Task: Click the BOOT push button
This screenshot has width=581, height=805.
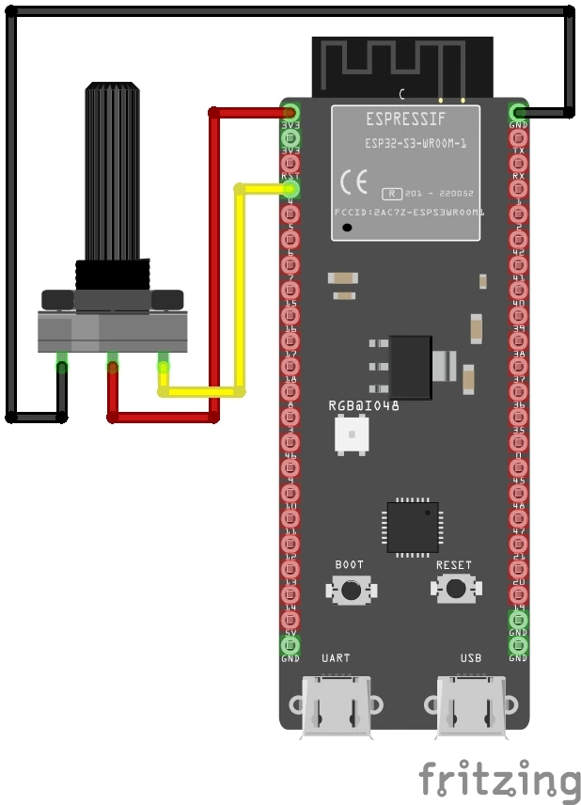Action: tap(351, 590)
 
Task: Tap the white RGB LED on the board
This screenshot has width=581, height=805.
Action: tap(352, 434)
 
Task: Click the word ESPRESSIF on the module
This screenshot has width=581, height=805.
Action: tap(405, 119)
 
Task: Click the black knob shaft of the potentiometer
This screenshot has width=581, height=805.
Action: tap(113, 174)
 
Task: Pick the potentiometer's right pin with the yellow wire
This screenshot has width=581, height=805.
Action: tap(164, 365)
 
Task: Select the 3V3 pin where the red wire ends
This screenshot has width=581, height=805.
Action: tap(290, 112)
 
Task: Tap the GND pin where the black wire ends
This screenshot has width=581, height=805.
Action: tap(518, 112)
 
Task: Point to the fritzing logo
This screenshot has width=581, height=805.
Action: tap(499, 781)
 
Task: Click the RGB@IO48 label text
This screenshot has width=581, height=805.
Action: tap(364, 405)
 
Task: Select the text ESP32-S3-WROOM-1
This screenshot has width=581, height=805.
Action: tap(416, 144)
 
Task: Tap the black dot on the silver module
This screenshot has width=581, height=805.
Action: tap(349, 227)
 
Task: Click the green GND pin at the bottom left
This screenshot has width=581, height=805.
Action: tap(290, 646)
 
